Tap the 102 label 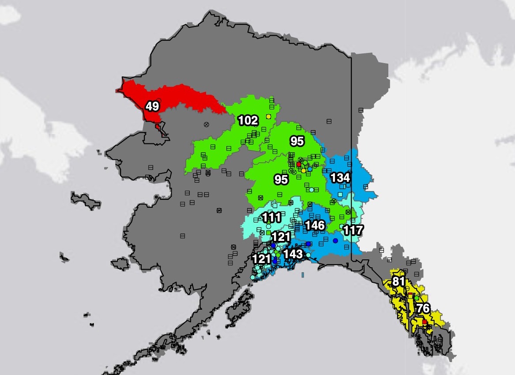tap(248, 120)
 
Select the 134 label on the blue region tap(340, 178)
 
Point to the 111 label tap(271, 217)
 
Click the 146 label tap(315, 226)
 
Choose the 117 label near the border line tap(353, 230)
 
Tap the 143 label tap(293, 254)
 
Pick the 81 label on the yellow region tap(398, 281)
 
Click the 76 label tap(423, 308)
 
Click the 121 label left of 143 tap(261, 258)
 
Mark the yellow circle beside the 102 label tap(268, 116)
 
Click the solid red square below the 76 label tap(425, 322)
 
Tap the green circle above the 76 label tap(417, 298)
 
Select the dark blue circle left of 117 tap(335, 240)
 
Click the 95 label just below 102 tap(297, 141)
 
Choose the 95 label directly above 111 tap(281, 180)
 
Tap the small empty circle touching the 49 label tap(155, 113)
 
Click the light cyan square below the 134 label tap(340, 194)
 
